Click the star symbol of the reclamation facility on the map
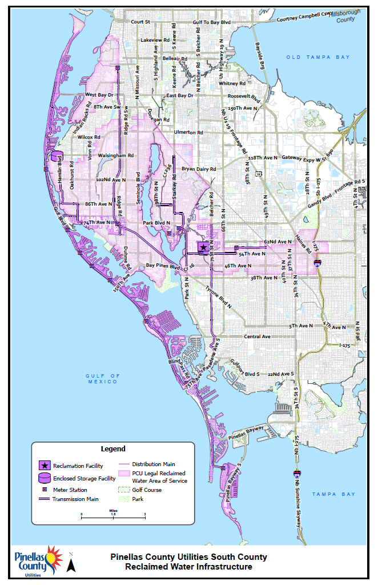pyautogui.click(x=203, y=247)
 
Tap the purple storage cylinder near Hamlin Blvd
pyautogui.click(x=55, y=157)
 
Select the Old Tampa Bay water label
pyautogui.click(x=309, y=57)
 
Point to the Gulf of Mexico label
pyautogui.click(x=103, y=378)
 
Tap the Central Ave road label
pyautogui.click(x=258, y=336)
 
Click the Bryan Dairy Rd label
pyautogui.click(x=199, y=169)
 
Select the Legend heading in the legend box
pyautogui.click(x=113, y=449)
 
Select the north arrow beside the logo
pyautogui.click(x=71, y=565)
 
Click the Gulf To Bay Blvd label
pyautogui.click(x=212, y=22)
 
